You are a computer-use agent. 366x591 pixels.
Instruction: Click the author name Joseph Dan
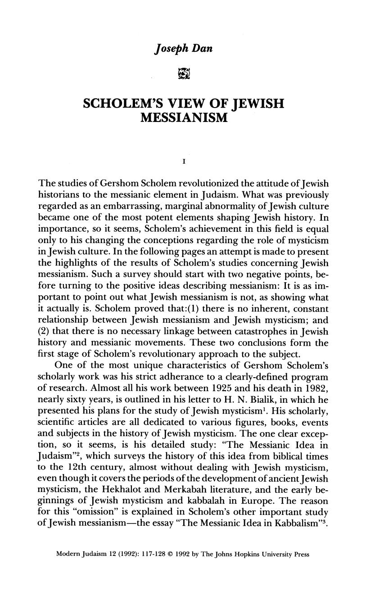pos(182,49)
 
